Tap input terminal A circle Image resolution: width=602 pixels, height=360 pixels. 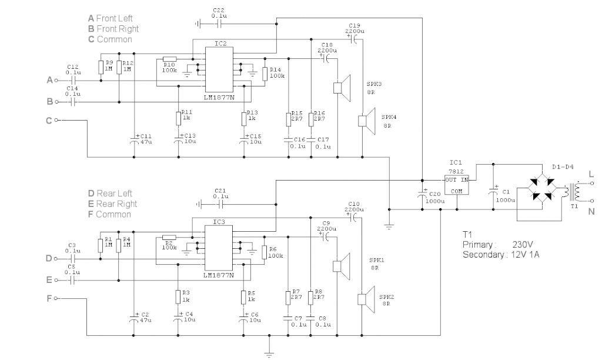[x=57, y=79]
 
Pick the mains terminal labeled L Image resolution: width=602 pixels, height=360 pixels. [x=591, y=183]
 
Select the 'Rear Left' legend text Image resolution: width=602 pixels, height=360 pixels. [x=114, y=193]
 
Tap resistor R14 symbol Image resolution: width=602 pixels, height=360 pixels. [x=265, y=72]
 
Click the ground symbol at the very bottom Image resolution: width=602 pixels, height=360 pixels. [x=269, y=354]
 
